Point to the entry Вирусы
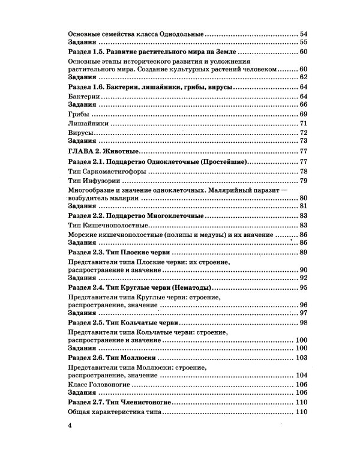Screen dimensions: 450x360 click(82, 133)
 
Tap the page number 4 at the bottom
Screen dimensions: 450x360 click(71, 425)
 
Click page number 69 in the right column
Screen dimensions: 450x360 click(303, 114)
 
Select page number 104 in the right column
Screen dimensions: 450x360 click(301, 375)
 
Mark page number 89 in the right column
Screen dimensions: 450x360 click(303, 252)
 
